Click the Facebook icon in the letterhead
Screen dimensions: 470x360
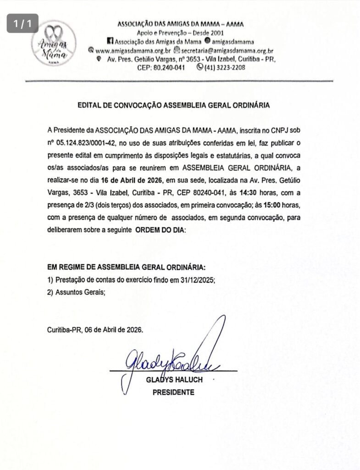(109, 41)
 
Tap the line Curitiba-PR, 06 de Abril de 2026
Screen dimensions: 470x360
(95, 329)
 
